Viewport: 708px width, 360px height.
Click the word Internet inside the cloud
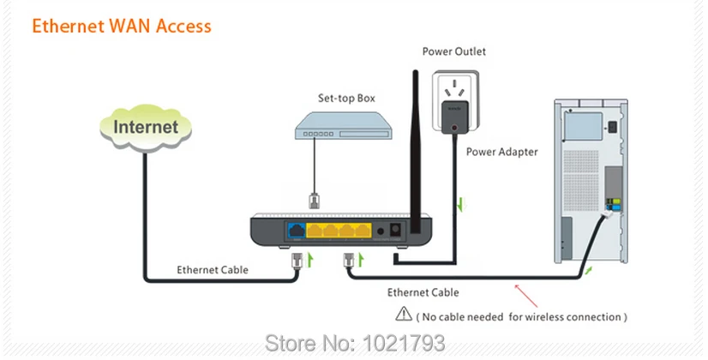coord(146,127)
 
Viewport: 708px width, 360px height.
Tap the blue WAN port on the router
coord(297,231)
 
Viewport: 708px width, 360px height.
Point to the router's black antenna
coord(416,152)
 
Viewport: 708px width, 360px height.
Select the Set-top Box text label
coord(346,98)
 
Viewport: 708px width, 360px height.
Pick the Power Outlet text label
coord(453,51)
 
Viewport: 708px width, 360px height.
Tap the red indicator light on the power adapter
coord(454,128)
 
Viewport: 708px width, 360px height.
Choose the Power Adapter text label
coord(501,152)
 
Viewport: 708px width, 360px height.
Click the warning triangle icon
coord(404,314)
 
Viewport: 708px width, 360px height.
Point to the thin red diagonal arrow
coord(526,296)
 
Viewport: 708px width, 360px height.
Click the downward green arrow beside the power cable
coord(460,204)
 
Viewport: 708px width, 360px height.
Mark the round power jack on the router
coord(381,231)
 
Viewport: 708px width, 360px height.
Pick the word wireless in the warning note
coord(542,317)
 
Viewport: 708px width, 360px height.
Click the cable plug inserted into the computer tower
coord(609,213)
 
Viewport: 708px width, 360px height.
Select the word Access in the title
coord(183,27)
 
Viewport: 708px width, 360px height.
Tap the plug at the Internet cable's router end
coord(297,261)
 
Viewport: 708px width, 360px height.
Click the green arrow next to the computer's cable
coord(588,270)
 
